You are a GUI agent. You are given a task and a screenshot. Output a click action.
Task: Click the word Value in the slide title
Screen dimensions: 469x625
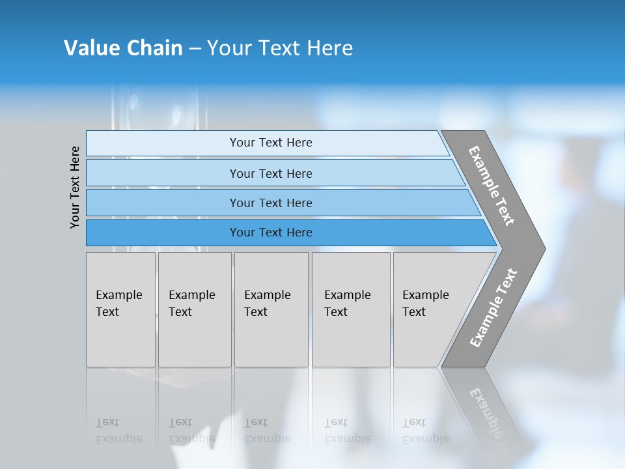coord(90,48)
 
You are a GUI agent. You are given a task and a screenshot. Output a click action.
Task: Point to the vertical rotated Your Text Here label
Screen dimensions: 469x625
coord(76,187)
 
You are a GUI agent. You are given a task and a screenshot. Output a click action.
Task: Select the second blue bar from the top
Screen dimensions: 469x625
coord(271,173)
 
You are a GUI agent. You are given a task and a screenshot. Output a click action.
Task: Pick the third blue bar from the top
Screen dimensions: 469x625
coord(271,203)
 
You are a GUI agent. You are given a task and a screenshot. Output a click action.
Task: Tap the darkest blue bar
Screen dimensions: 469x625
coord(271,233)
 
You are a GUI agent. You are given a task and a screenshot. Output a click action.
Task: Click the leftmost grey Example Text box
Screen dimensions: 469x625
coord(120,309)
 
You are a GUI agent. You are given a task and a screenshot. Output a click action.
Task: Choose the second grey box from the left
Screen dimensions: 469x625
coord(194,309)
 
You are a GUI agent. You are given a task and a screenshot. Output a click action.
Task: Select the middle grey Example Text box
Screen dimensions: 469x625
coord(271,309)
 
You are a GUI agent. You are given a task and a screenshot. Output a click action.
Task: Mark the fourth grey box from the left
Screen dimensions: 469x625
coord(351,309)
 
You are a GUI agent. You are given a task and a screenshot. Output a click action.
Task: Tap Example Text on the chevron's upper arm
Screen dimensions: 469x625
coord(492,186)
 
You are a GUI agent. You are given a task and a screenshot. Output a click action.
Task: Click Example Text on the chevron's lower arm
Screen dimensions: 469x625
coord(493,308)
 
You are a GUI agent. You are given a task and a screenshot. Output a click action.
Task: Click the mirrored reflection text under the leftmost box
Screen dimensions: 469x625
coord(118,431)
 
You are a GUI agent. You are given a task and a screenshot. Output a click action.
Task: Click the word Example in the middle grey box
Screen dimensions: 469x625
coord(267,295)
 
